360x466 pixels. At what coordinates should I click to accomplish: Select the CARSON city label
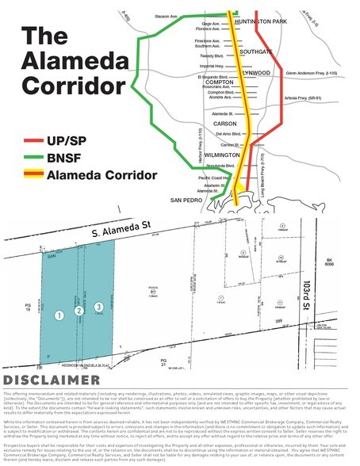[222, 124]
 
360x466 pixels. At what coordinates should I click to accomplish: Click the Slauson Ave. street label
[166, 15]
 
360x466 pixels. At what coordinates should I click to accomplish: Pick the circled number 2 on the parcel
[79, 311]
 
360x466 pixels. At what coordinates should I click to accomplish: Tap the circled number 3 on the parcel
[98, 307]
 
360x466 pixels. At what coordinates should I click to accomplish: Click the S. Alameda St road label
[116, 230]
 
